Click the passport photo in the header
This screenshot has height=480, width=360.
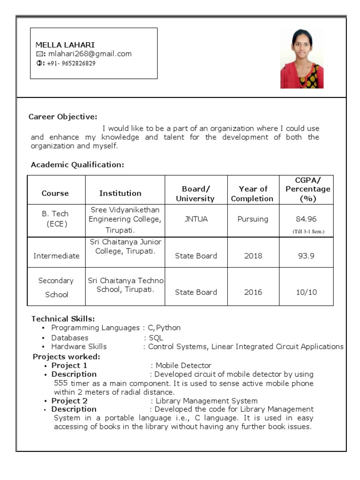point(301,59)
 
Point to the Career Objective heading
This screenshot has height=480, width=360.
point(63,117)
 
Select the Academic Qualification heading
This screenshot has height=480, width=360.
point(77,165)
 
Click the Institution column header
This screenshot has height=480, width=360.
point(120,193)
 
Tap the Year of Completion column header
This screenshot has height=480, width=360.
point(253,194)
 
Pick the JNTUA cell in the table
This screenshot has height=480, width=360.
point(195,219)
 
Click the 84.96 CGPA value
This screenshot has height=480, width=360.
point(306,219)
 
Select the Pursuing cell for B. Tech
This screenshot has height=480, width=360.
point(253,219)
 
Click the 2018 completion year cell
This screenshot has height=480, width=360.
point(253,256)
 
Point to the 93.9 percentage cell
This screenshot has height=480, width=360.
point(306,256)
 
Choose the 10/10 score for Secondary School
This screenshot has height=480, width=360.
point(306,292)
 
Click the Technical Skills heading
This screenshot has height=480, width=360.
point(63,319)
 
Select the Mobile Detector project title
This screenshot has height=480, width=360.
point(183,365)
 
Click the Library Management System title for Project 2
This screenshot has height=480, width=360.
point(206,401)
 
